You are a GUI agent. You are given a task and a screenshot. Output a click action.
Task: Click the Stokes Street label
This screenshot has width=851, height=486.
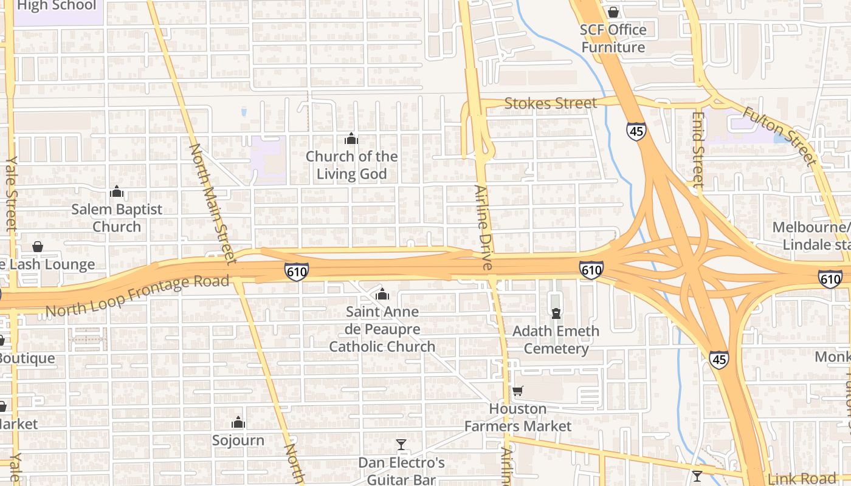click(x=551, y=104)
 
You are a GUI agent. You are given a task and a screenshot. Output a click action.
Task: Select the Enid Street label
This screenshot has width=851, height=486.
click(x=698, y=149)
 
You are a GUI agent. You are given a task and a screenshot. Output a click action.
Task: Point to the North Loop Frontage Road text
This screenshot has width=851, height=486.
click(x=137, y=296)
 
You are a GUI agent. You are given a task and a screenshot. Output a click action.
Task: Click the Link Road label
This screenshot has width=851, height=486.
click(x=802, y=479)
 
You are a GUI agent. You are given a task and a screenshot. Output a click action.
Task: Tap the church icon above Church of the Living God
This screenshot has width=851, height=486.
click(x=351, y=139)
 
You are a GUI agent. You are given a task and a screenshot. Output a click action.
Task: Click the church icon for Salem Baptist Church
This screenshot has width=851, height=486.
click(x=117, y=192)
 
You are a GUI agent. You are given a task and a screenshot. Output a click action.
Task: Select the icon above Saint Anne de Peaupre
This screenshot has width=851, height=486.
click(x=382, y=295)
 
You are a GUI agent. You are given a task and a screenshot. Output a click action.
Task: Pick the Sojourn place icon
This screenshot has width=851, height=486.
click(x=238, y=422)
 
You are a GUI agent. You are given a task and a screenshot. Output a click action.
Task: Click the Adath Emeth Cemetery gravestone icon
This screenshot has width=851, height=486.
click(x=556, y=313)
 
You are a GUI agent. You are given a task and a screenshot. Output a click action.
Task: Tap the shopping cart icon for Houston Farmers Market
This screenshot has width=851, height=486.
click(x=518, y=391)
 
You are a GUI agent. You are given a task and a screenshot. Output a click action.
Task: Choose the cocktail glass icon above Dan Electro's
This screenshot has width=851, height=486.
click(x=401, y=445)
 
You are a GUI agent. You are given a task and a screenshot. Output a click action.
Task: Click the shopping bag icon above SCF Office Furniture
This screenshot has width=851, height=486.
click(x=613, y=12)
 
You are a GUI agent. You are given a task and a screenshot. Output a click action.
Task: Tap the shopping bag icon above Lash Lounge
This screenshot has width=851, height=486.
click(x=38, y=247)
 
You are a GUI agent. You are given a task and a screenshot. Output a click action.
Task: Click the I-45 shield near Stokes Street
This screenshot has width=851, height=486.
click(x=636, y=131)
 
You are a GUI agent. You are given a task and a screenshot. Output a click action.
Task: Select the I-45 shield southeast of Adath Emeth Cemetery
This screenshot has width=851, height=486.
click(x=718, y=359)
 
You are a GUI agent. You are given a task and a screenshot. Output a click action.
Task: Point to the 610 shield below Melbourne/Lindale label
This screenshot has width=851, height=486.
click(x=830, y=279)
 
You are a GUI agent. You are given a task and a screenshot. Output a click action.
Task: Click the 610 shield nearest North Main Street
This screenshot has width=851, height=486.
click(x=296, y=272)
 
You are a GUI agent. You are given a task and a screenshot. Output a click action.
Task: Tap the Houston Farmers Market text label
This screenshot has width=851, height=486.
click(x=518, y=417)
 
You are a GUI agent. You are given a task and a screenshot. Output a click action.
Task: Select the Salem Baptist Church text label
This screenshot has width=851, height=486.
click(x=117, y=218)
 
